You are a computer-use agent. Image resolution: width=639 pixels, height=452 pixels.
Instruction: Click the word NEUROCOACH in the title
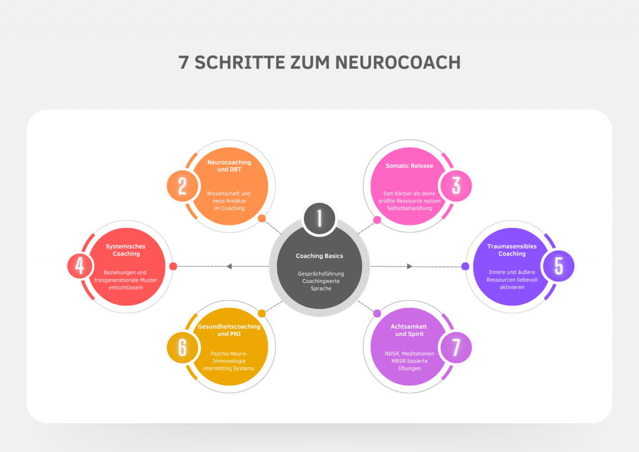(x=398, y=62)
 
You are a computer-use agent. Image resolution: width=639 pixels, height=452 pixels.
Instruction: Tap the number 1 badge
(x=319, y=219)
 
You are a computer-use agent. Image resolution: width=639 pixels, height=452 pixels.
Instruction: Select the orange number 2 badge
(x=182, y=186)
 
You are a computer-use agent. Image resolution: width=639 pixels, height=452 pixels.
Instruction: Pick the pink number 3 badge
(x=456, y=186)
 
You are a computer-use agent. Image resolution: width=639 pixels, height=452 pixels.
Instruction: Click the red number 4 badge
(x=80, y=266)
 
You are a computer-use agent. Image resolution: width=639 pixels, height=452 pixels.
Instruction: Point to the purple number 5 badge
(x=559, y=266)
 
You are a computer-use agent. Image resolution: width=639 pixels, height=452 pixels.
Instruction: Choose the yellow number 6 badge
(x=182, y=348)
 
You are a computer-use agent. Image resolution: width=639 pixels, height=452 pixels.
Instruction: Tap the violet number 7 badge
(x=456, y=348)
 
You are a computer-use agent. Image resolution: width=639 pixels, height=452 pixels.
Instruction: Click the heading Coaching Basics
(x=319, y=256)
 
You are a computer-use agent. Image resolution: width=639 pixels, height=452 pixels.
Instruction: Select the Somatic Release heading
(x=409, y=166)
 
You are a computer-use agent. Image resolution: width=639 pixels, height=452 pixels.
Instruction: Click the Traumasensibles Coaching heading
(x=512, y=250)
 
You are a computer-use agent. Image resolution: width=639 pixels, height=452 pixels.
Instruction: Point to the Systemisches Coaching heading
(x=126, y=250)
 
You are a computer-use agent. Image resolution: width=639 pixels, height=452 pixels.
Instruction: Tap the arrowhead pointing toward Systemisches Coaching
(x=229, y=267)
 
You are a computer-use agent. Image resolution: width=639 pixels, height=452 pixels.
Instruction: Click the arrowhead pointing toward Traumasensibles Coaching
(x=409, y=267)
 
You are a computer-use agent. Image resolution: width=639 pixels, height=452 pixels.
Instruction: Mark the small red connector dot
(x=173, y=267)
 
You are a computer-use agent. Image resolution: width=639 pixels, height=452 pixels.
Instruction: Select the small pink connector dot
(x=378, y=220)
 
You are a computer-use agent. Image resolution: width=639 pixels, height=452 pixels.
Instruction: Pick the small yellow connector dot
(x=262, y=313)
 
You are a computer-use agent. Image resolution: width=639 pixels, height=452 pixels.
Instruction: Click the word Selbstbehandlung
(x=409, y=209)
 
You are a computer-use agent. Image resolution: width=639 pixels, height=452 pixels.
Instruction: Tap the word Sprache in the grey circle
(x=321, y=288)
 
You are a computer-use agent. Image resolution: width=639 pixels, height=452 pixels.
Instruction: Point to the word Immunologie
(x=229, y=361)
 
